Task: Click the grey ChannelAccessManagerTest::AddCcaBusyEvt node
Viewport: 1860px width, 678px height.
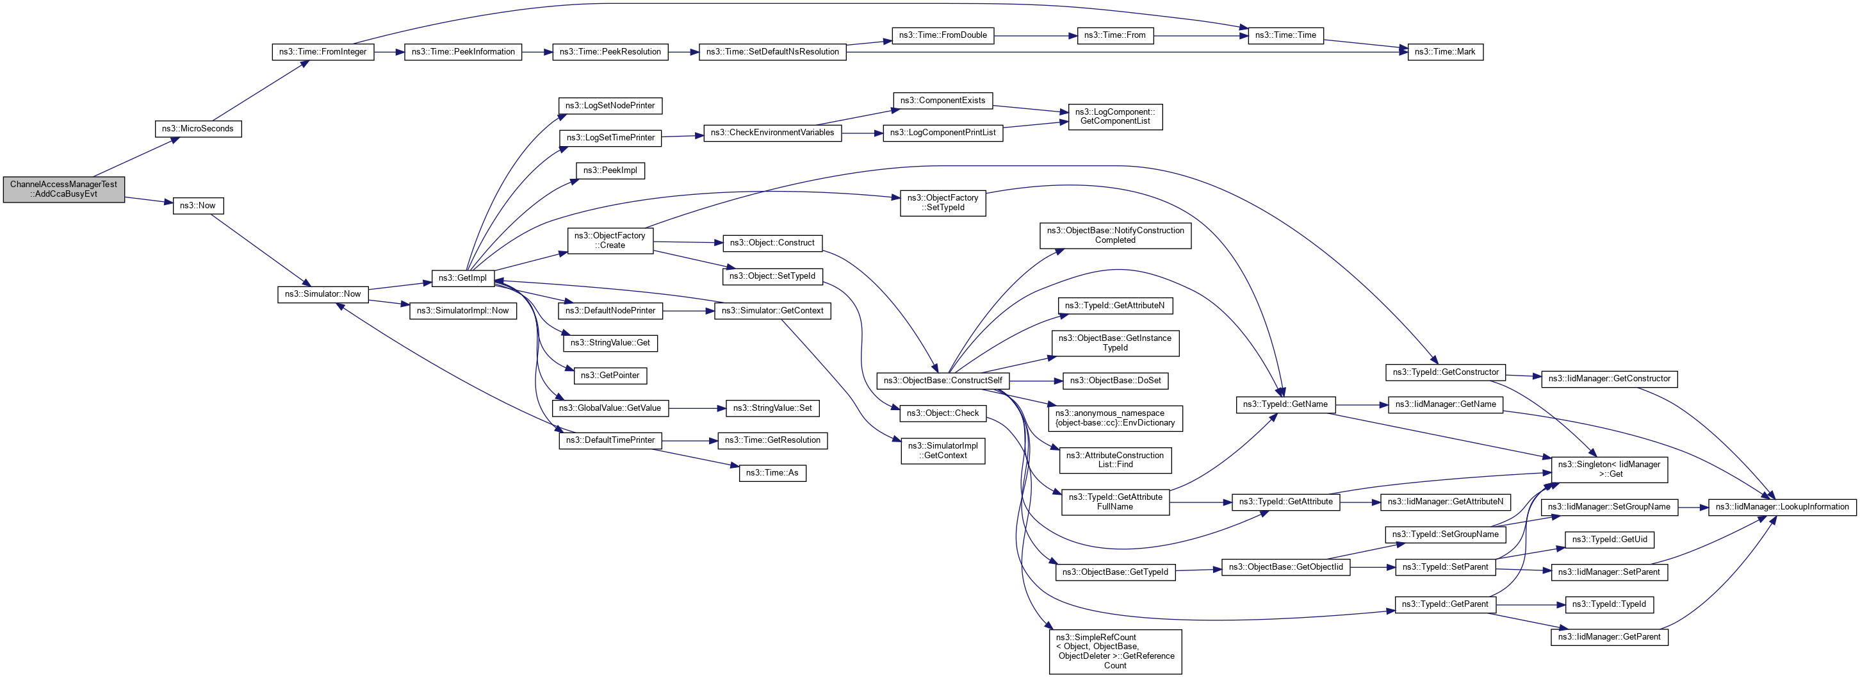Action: coord(63,189)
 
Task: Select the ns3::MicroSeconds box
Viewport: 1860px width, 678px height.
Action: coord(198,129)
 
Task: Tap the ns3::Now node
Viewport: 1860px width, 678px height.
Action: coord(198,206)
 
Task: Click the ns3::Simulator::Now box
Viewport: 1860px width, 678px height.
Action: coord(323,294)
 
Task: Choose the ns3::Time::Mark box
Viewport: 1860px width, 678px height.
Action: coord(1445,52)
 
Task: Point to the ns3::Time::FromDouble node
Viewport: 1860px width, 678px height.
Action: coord(942,35)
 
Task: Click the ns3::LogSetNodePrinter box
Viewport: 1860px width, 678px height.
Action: coord(610,106)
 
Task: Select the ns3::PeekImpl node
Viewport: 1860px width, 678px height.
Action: coord(610,170)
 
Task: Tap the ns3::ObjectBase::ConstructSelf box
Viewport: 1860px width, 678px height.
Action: coord(942,381)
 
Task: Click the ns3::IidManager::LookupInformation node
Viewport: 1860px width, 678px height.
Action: coord(1782,507)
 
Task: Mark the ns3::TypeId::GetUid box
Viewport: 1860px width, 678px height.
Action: coord(1610,540)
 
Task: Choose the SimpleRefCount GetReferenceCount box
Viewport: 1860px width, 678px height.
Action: coord(1115,651)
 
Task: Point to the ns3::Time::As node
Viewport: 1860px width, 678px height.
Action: coord(772,473)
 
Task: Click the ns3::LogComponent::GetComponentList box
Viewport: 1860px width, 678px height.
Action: coord(1115,116)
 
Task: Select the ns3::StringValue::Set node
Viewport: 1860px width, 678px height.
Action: coord(772,408)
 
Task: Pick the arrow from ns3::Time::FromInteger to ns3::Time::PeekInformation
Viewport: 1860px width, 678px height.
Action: coord(389,52)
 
